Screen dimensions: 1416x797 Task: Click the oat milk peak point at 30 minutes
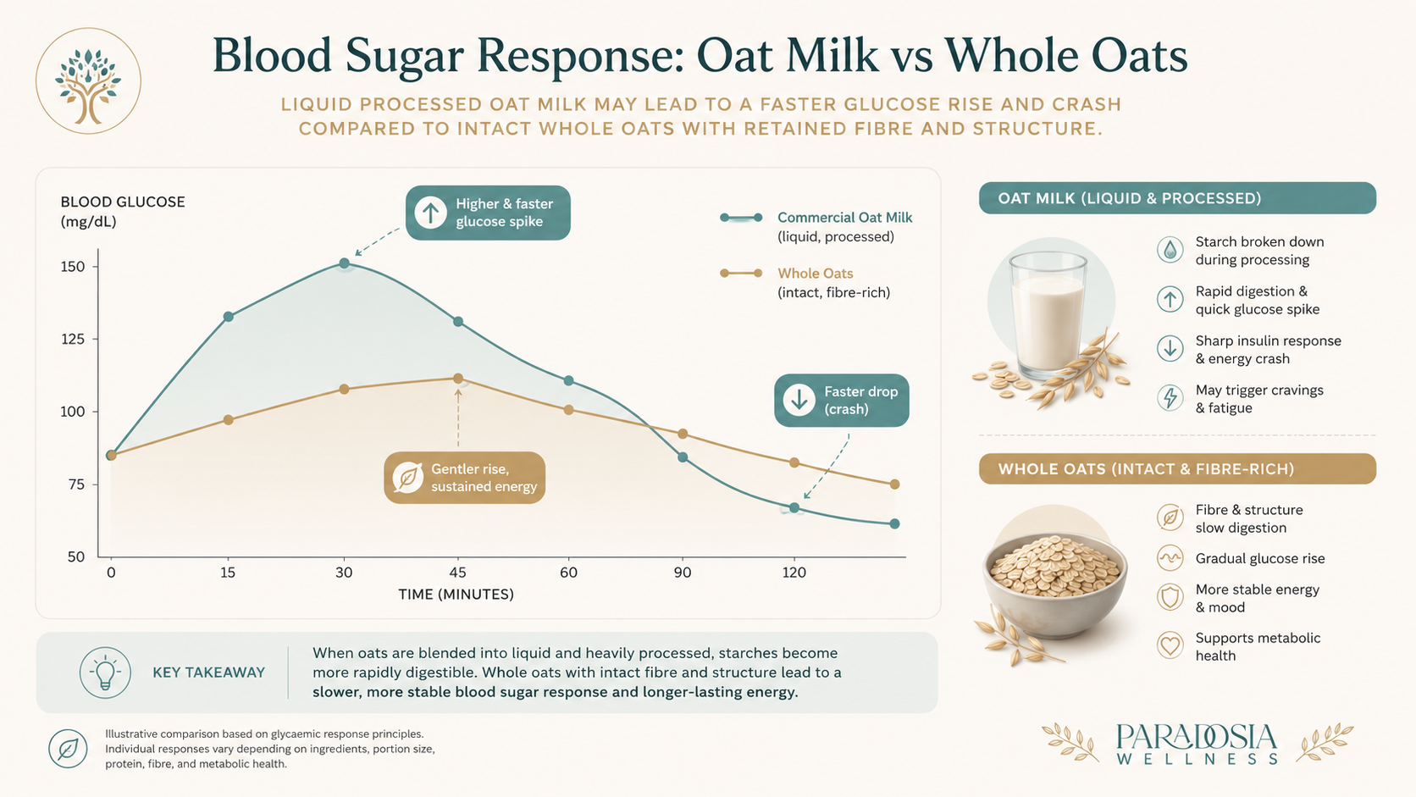point(344,263)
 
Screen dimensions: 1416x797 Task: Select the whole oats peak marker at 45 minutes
point(457,379)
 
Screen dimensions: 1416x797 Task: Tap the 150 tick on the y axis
point(73,267)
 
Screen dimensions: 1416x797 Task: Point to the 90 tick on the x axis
point(682,573)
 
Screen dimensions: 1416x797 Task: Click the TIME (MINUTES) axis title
point(456,594)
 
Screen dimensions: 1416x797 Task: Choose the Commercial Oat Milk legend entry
point(816,227)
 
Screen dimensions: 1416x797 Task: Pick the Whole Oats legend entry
point(805,283)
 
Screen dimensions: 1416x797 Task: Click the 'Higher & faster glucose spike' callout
point(488,213)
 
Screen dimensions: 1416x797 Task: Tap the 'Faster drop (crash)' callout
point(841,400)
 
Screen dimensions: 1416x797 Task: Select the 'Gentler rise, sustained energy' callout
point(465,477)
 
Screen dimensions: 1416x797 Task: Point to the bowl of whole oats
point(1054,584)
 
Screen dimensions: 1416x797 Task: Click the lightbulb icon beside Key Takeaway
point(105,673)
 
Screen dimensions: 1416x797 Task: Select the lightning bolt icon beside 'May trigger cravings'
point(1170,398)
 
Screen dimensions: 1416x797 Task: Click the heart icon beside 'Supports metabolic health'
point(1170,646)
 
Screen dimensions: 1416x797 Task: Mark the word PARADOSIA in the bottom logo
point(1197,738)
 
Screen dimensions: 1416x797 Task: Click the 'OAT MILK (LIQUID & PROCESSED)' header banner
point(1178,198)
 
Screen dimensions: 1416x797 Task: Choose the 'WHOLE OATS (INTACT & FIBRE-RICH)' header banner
point(1178,469)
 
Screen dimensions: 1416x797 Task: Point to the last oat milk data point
point(894,524)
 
